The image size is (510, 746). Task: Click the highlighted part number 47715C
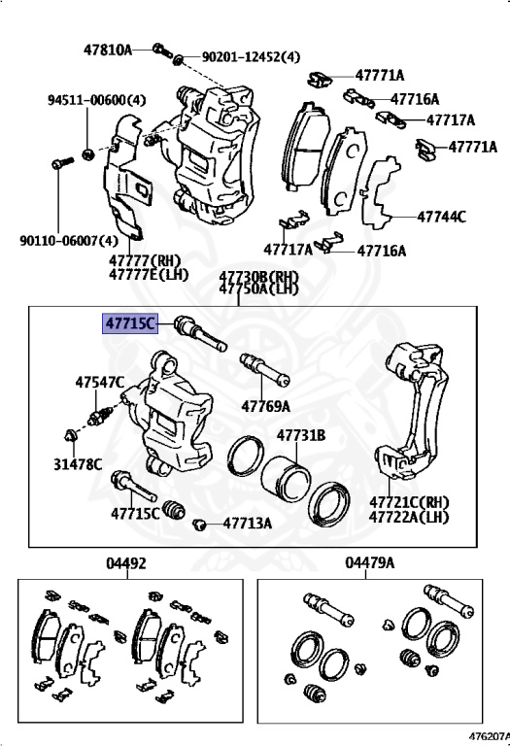(x=130, y=323)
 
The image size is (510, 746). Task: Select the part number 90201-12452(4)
(x=250, y=58)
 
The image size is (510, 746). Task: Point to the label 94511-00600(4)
(x=97, y=100)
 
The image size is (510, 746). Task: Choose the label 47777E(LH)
(x=145, y=274)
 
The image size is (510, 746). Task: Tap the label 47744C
(x=441, y=217)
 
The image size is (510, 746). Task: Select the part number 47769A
(x=266, y=405)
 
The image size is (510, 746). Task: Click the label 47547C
(x=99, y=383)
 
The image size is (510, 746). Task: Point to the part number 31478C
(x=78, y=463)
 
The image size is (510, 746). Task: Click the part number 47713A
(x=247, y=523)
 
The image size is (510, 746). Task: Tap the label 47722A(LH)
(x=409, y=517)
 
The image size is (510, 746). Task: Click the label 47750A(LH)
(x=258, y=288)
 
